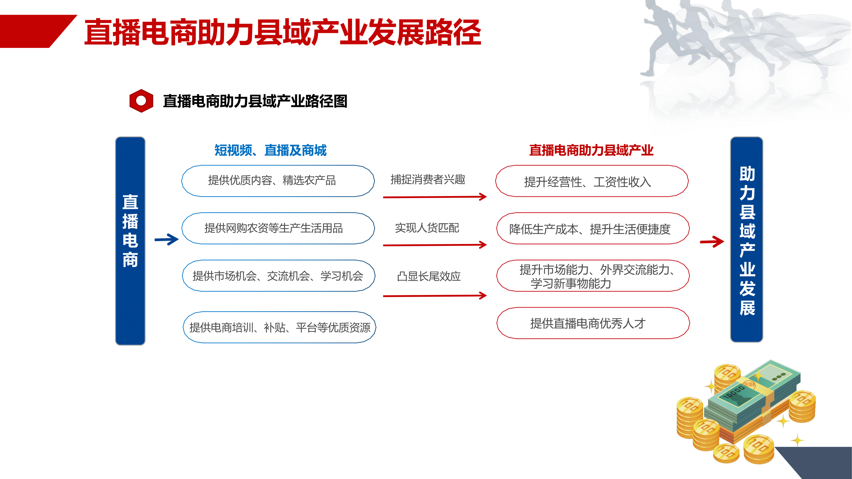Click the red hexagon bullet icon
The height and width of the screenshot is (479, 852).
point(141,101)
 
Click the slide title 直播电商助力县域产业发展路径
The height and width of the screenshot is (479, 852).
point(283,32)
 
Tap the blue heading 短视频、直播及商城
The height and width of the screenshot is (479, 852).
point(271,150)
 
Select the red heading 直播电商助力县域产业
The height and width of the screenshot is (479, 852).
point(591,150)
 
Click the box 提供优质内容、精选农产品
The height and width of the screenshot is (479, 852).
point(278,181)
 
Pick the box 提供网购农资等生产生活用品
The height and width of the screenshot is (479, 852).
point(278,228)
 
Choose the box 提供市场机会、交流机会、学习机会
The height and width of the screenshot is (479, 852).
point(279,276)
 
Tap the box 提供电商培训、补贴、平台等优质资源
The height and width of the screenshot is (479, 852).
point(280,327)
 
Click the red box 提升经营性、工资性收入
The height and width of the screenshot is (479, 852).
point(592,181)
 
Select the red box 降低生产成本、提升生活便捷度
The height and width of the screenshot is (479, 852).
point(593,228)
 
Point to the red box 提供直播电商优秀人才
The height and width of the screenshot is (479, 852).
point(593,323)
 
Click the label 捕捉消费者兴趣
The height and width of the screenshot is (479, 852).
point(428,179)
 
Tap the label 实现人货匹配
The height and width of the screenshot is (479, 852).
point(427,228)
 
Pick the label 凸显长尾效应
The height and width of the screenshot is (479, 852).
point(429,276)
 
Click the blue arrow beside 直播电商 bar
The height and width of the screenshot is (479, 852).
point(167,239)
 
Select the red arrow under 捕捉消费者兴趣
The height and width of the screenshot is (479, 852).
point(434,197)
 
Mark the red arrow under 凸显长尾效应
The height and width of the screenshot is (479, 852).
point(434,295)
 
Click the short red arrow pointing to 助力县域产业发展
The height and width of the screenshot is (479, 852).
point(712,242)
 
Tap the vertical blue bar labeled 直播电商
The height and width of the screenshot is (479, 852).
point(130,241)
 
